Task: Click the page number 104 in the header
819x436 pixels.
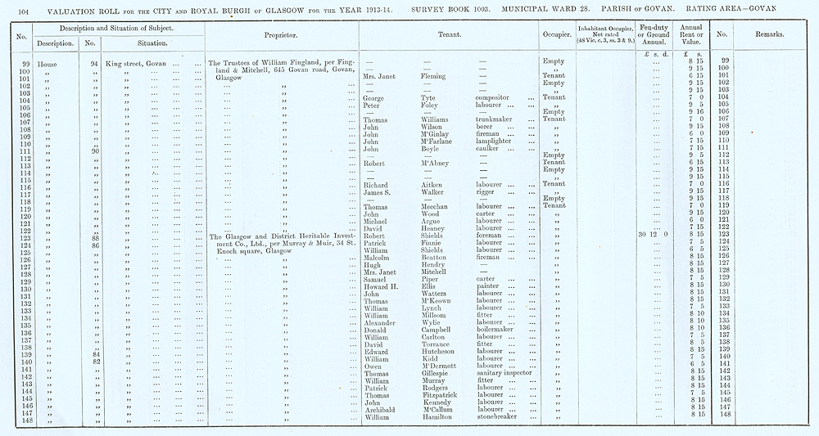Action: click(21, 10)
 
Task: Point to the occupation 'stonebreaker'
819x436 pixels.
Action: click(500, 417)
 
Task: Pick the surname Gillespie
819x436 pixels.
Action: click(427, 373)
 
